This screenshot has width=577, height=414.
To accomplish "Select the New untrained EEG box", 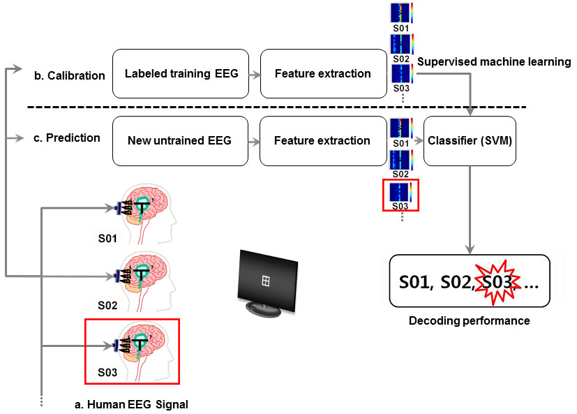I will (179, 141).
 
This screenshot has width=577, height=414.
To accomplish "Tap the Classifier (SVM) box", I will (470, 141).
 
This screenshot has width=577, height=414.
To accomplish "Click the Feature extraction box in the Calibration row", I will (323, 73).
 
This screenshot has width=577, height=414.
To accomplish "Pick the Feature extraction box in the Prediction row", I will (322, 141).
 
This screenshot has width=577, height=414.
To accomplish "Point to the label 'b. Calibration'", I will (70, 75).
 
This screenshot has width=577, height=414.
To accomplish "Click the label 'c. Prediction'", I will (67, 138).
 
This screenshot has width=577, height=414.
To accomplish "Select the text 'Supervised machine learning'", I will (494, 62).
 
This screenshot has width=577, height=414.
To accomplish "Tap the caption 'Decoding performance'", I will (470, 321).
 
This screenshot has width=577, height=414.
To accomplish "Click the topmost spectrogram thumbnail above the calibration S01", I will (400, 13).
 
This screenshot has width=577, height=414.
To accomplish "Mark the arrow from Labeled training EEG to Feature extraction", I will (254, 73).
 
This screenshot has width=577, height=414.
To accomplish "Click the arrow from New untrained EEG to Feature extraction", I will (254, 141).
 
